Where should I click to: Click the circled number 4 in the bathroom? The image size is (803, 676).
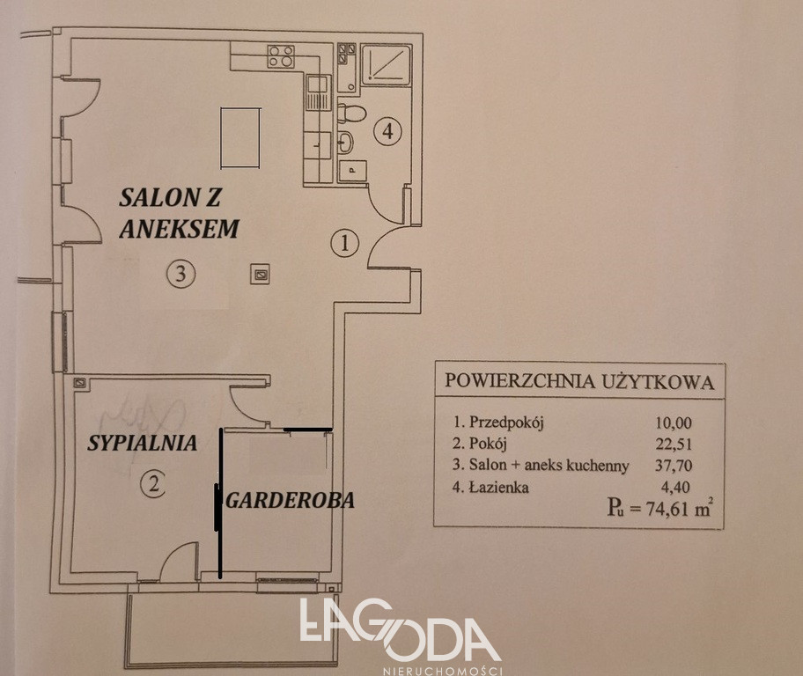[x=387, y=132]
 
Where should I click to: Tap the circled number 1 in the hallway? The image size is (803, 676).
[x=344, y=243]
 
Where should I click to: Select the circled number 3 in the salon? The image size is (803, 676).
[x=180, y=274]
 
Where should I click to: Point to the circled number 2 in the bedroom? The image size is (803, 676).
[x=153, y=484]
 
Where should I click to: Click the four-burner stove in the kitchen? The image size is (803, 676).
[x=281, y=56]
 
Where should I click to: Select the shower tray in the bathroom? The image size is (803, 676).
[x=387, y=64]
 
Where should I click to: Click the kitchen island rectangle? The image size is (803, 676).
[x=240, y=137]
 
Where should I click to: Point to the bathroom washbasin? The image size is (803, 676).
[x=346, y=143]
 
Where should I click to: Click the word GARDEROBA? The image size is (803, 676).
[x=291, y=500]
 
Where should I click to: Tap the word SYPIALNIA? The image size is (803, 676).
[x=143, y=443]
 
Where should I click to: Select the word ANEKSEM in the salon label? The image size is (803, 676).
[x=180, y=229]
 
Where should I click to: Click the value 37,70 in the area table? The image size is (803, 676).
[x=674, y=465]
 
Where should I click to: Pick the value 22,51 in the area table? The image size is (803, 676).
[x=674, y=444]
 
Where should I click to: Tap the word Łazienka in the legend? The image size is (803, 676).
[x=499, y=487]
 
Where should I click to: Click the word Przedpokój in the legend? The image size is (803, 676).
[x=506, y=423]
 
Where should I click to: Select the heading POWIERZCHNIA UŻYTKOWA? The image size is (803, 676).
[x=579, y=381]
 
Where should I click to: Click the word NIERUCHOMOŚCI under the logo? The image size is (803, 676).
[x=443, y=671]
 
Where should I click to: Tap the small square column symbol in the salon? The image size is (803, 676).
[x=260, y=275]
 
